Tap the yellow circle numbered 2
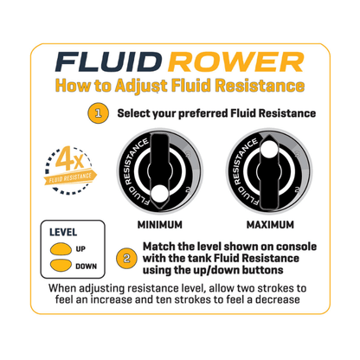[126, 258]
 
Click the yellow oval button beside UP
[61, 249]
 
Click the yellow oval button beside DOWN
[61, 267]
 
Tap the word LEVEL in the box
[64, 232]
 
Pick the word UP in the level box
[82, 249]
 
